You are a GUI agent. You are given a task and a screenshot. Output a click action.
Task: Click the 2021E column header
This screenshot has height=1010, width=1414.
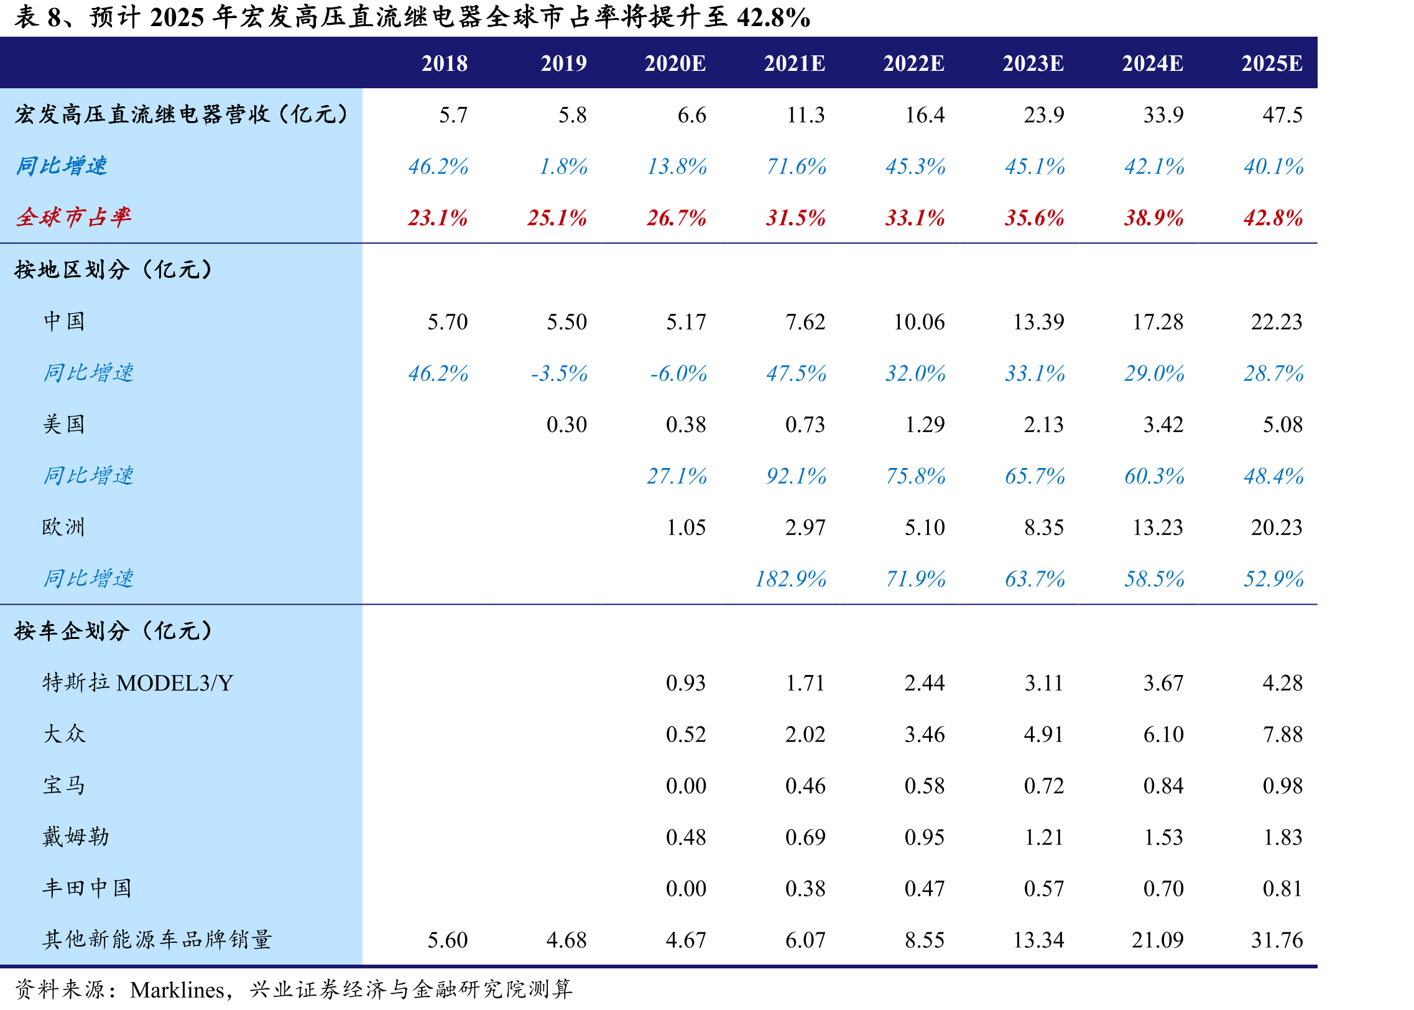(x=794, y=63)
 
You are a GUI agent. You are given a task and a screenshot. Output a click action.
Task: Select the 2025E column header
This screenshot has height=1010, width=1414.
(x=1272, y=63)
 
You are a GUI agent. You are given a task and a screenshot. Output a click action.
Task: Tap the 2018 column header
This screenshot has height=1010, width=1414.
(x=444, y=63)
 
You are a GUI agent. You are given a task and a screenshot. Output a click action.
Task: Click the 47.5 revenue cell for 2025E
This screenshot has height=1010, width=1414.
(x=1282, y=115)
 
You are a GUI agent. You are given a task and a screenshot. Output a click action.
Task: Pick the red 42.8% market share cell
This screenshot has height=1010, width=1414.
(x=1273, y=218)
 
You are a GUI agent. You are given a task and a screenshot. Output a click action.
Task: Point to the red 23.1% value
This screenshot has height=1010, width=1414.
(x=437, y=218)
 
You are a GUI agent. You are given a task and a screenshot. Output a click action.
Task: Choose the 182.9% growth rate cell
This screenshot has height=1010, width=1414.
(x=790, y=579)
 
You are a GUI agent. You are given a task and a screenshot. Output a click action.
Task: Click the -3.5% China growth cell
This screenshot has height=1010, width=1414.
(x=558, y=373)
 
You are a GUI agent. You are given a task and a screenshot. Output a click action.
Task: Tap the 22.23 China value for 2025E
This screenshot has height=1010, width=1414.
(x=1277, y=321)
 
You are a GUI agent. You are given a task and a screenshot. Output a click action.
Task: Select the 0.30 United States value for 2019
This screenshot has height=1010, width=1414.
(x=566, y=425)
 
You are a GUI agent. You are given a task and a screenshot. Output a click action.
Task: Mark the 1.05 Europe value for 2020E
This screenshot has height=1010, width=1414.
(x=686, y=528)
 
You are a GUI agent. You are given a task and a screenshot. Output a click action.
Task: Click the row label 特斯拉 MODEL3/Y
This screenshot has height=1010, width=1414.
(x=137, y=683)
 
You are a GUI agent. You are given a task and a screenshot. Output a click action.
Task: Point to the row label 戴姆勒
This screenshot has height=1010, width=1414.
(x=76, y=837)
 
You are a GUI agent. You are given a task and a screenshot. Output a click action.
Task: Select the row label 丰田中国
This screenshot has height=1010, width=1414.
(x=87, y=888)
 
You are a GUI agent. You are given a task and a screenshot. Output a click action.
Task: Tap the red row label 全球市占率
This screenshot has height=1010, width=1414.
(x=73, y=217)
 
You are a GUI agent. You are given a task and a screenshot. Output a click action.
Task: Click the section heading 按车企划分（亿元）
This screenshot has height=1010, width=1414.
(x=114, y=631)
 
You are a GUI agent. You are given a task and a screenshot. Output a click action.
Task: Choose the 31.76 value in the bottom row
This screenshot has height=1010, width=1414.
(x=1277, y=940)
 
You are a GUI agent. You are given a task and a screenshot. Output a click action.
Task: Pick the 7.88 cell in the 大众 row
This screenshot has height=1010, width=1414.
(x=1282, y=735)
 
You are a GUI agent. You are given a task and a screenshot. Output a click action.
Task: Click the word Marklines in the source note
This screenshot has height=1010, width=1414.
(x=177, y=989)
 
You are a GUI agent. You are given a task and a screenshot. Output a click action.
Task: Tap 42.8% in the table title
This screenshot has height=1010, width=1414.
(x=774, y=17)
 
